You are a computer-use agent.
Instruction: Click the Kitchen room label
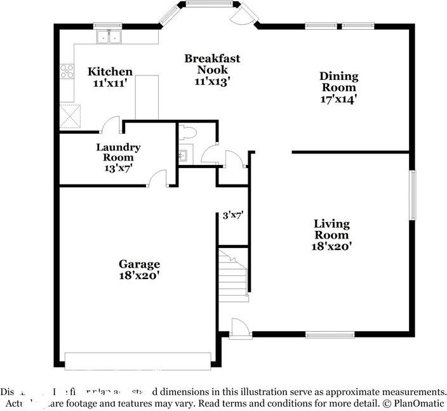110,72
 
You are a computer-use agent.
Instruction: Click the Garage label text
139,264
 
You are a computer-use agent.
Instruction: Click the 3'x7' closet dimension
233,215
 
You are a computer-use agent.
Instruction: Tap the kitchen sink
109,37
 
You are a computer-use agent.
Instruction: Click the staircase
232,273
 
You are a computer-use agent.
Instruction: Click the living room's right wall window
412,195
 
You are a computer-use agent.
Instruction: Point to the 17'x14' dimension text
338,98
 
